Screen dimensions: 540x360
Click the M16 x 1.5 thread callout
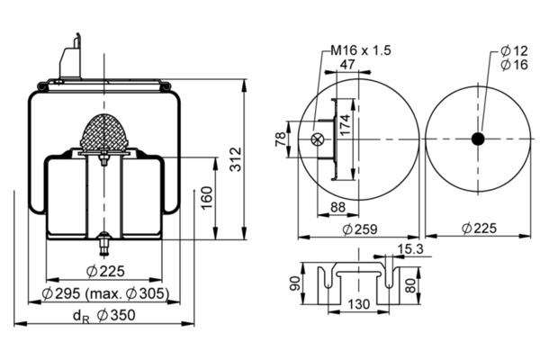361,50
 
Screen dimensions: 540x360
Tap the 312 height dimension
236,159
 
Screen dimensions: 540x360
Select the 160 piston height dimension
207,198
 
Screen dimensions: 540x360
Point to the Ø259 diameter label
360,229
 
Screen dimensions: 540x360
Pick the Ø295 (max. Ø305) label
105,293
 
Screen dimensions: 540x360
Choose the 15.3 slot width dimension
410,248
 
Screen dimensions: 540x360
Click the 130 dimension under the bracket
358,304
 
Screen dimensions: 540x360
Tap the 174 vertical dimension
345,124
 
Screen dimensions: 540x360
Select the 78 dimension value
281,139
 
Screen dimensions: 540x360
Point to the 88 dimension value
337,207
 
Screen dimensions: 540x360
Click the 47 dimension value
347,64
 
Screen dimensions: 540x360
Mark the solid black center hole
478,139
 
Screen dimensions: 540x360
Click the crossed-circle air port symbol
317,139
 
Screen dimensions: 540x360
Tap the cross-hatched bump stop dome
104,131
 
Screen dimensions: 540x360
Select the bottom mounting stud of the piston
104,245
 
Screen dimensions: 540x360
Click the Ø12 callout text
514,51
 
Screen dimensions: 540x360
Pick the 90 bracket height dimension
295,283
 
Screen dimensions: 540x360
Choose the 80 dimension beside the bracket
410,285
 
